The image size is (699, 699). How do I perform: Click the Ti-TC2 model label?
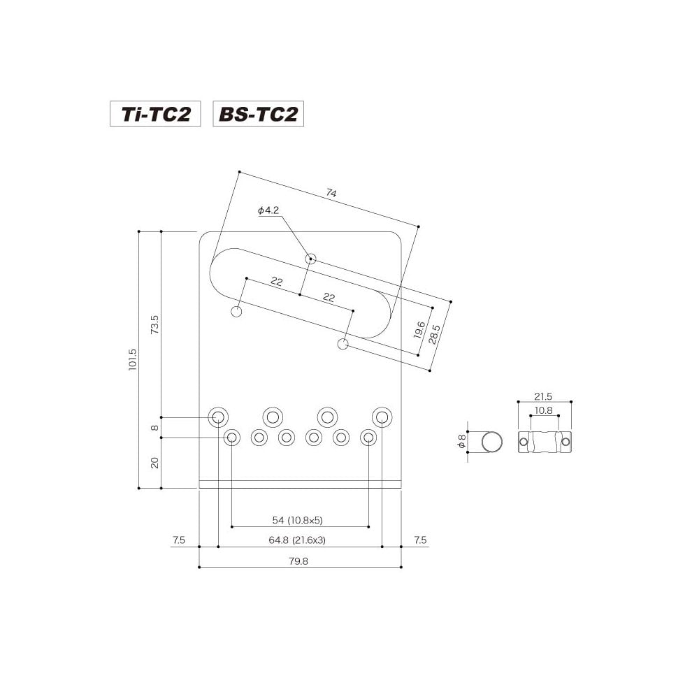155,114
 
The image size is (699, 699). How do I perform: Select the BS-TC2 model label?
259,114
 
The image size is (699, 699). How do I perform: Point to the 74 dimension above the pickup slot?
331,193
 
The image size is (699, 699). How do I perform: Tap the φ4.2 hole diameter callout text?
268,210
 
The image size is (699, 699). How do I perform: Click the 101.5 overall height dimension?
133,360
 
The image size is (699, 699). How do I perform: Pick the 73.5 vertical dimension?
154,324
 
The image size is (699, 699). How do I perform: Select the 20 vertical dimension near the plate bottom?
154,462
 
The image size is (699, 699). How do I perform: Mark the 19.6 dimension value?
419,329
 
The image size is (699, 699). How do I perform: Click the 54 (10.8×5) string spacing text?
301,520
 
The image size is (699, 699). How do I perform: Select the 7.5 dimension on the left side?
178,540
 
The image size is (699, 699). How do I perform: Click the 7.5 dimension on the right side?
420,540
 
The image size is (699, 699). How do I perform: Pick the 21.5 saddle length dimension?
544,396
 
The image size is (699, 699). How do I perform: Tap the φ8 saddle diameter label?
461,442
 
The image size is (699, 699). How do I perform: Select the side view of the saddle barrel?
544,442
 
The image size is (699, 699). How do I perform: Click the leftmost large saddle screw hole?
218,417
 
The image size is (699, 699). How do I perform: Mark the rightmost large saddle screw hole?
381,417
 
